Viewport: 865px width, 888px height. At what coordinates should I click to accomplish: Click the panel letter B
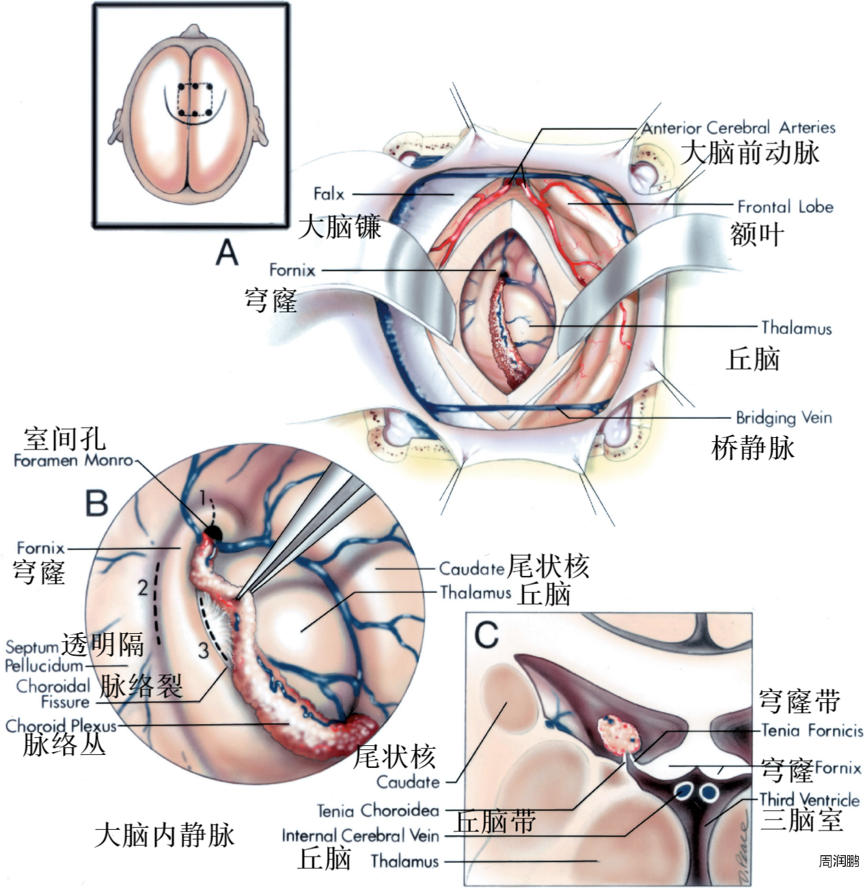(x=96, y=503)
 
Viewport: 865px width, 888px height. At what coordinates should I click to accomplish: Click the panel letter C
(x=486, y=635)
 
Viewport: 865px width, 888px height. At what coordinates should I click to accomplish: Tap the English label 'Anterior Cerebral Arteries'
(x=738, y=128)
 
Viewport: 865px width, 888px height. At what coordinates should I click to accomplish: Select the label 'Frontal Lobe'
(x=785, y=206)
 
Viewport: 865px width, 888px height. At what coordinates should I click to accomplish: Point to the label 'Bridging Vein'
(x=784, y=417)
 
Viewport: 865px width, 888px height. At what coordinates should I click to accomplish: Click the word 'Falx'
(x=329, y=194)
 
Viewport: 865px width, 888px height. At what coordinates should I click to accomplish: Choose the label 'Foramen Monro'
(x=73, y=460)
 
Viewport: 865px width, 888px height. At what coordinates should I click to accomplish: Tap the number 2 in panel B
(x=142, y=587)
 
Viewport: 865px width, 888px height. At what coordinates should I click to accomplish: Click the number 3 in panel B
(x=203, y=650)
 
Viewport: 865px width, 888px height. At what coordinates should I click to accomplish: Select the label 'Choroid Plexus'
(x=61, y=725)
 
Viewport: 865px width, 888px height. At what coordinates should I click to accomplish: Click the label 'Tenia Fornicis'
(x=812, y=731)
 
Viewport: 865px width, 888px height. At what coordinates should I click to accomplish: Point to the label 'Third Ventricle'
(x=809, y=799)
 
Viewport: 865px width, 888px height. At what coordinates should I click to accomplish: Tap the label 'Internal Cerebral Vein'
(x=360, y=835)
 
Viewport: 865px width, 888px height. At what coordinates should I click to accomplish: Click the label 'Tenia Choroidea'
(x=378, y=811)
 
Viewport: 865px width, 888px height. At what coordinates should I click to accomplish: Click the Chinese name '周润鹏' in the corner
(x=839, y=861)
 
